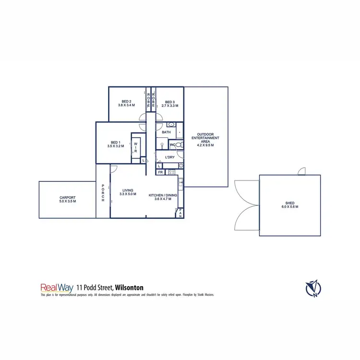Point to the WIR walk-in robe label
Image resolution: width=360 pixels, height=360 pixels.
[x=136, y=147]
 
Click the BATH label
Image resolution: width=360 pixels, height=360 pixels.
[x=166, y=132]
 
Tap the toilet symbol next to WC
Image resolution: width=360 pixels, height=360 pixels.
[x=178, y=144]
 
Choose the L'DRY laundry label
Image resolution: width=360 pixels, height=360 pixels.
[x=169, y=157]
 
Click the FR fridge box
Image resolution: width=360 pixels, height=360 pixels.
[x=160, y=172]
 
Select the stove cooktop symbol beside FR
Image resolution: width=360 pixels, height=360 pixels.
[x=171, y=172]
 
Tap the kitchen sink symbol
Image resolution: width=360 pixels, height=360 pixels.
[x=181, y=183]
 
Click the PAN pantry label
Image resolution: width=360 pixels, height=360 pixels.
[x=180, y=213]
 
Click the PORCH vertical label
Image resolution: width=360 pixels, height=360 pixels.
[x=103, y=193]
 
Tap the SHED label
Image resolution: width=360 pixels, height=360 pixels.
[x=290, y=204]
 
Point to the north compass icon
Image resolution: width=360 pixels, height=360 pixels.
[x=313, y=288]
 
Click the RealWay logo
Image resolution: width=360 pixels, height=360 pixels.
[x=57, y=288]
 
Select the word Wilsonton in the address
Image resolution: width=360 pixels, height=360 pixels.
[x=128, y=288]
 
